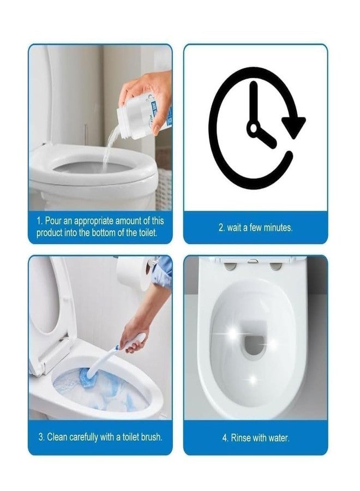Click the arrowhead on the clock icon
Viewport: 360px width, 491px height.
point(295,127)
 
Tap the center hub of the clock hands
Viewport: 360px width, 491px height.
point(253,129)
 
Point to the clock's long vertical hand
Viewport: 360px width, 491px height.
point(253,104)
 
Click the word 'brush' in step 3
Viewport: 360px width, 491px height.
point(149,437)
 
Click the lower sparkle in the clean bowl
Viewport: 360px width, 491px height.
point(253,378)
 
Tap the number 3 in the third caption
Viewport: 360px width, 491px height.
point(40,437)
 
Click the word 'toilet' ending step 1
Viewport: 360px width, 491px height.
point(145,233)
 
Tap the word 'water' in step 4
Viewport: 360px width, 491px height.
point(279,438)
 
